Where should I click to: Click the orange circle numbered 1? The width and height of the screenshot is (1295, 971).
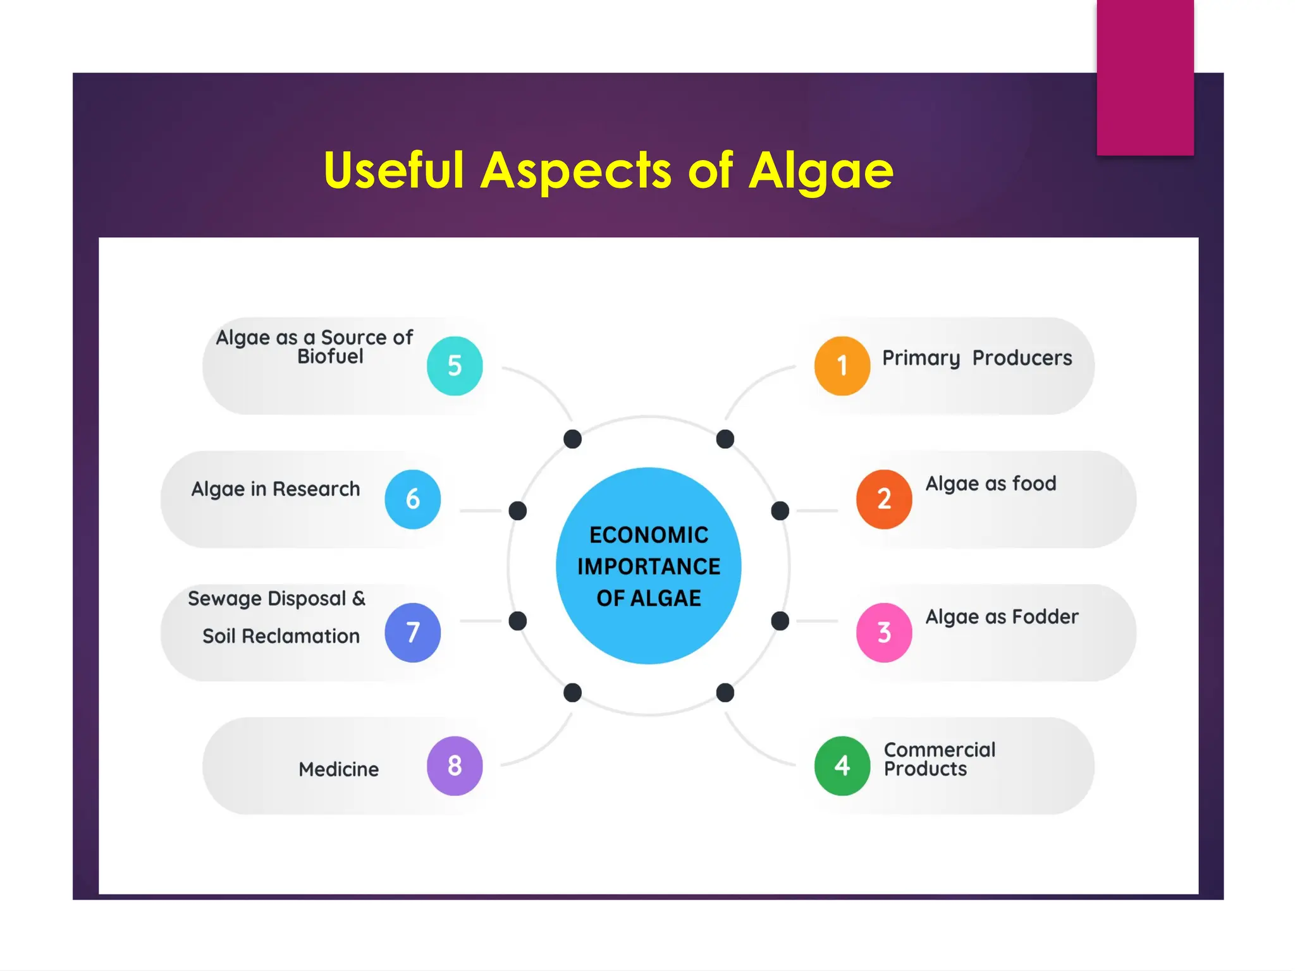pos(842,366)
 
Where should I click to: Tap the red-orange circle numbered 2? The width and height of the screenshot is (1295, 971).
pos(884,499)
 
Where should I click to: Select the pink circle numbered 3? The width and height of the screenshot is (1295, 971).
pos(884,632)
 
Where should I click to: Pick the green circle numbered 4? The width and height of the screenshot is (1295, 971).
pos(842,766)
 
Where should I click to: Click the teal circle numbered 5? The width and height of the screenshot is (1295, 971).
pos(455,366)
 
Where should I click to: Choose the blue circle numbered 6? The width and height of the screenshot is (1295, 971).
pos(412,499)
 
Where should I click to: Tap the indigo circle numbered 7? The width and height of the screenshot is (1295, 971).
pos(412,632)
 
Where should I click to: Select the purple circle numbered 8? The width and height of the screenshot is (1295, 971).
pos(455,766)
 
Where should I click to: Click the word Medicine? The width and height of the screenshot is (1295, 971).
pos(338,769)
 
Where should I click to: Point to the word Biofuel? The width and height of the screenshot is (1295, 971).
pos(330,357)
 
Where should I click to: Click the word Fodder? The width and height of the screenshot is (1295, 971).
pos(1045,616)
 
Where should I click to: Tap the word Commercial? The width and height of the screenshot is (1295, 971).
pos(939,750)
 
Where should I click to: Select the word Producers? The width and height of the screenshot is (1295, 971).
pos(1022,358)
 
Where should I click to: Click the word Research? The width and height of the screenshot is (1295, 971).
pos(316,489)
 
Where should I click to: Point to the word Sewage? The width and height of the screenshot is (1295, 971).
pos(224,599)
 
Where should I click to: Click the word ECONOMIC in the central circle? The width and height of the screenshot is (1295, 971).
pos(649,535)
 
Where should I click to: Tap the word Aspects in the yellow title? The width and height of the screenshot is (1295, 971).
pos(575,170)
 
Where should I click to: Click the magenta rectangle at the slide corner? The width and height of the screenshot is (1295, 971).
pos(1145,77)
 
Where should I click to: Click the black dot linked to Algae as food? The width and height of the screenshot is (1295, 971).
pos(780,510)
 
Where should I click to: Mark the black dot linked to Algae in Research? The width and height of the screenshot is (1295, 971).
pos(517,510)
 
